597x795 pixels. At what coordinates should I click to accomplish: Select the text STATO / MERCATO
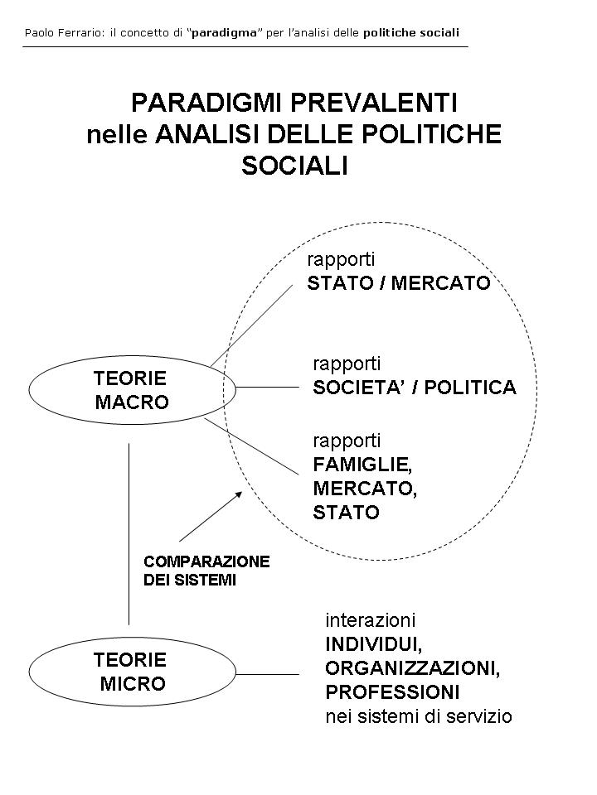398,283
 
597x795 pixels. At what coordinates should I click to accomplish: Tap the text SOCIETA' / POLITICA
414,388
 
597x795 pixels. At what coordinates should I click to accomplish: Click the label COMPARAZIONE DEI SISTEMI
206,571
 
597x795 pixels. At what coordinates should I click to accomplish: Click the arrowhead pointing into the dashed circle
239,493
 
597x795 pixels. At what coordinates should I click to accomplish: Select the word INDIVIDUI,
366,644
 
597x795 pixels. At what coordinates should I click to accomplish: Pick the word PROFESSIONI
392,691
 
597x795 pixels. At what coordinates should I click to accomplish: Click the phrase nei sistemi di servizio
418,716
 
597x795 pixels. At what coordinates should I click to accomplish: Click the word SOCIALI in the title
294,166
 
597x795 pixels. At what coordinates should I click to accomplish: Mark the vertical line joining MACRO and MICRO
129,534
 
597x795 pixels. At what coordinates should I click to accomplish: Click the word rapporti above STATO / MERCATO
341,259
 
